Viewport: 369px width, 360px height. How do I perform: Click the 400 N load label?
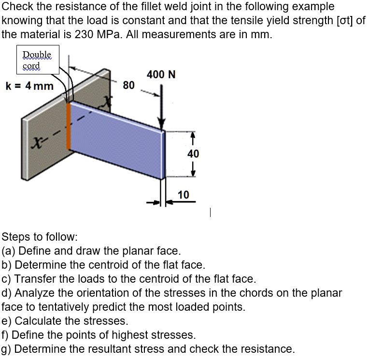click(x=161, y=74)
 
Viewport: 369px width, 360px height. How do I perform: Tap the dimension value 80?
click(x=128, y=86)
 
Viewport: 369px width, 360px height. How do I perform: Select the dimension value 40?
click(x=193, y=154)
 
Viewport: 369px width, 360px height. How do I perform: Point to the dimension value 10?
click(x=183, y=194)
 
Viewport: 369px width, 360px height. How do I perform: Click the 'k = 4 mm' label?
click(x=29, y=86)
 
